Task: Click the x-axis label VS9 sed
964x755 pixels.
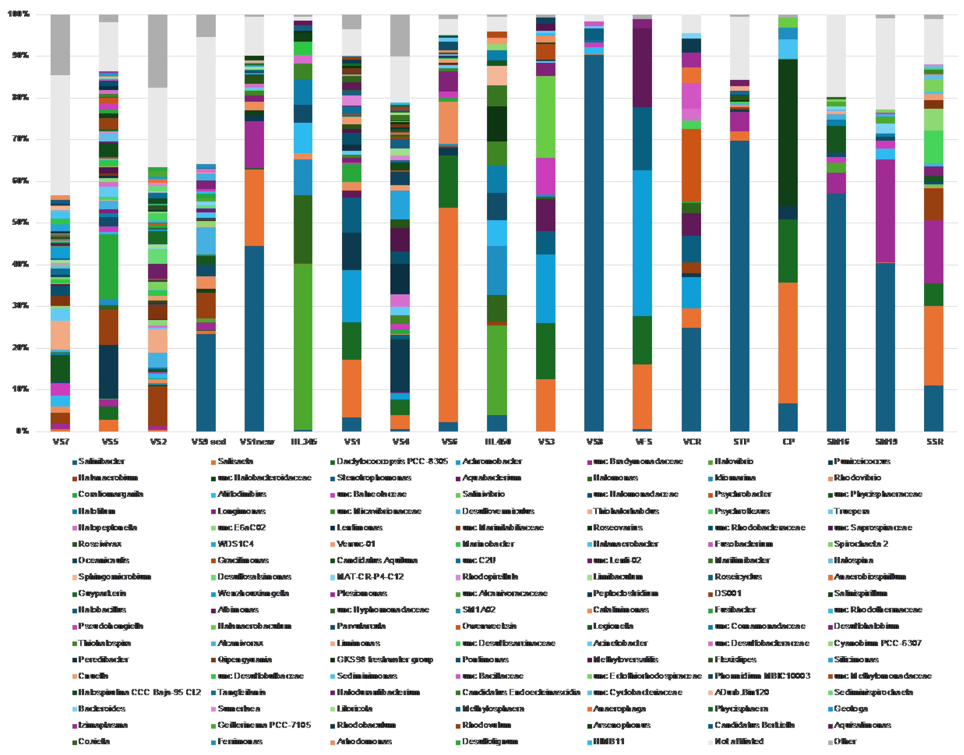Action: (x=209, y=441)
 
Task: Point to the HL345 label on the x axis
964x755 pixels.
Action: (x=303, y=441)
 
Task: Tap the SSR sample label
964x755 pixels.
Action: (x=934, y=441)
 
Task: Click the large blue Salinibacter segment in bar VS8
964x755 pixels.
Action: (x=594, y=243)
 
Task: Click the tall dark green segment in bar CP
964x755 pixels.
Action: (x=788, y=133)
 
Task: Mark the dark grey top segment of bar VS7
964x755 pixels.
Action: (x=60, y=44)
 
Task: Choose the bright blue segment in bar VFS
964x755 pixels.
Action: (x=642, y=243)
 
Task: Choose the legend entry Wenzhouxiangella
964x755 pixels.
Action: (x=253, y=594)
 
